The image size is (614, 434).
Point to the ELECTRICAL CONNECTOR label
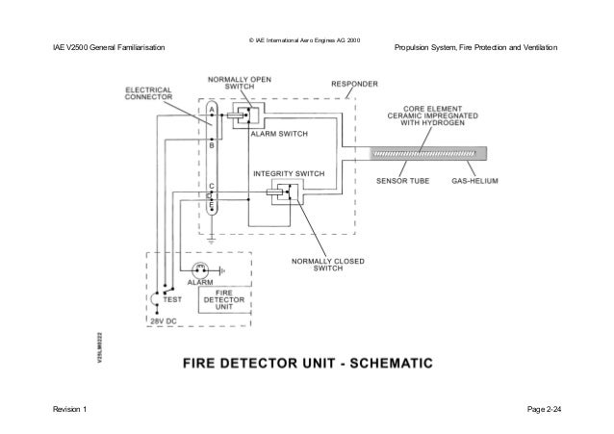coord(147,95)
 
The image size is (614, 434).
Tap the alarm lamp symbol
coord(202,270)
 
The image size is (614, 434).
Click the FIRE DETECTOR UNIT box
coord(222,300)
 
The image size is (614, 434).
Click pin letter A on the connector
coord(212,111)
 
